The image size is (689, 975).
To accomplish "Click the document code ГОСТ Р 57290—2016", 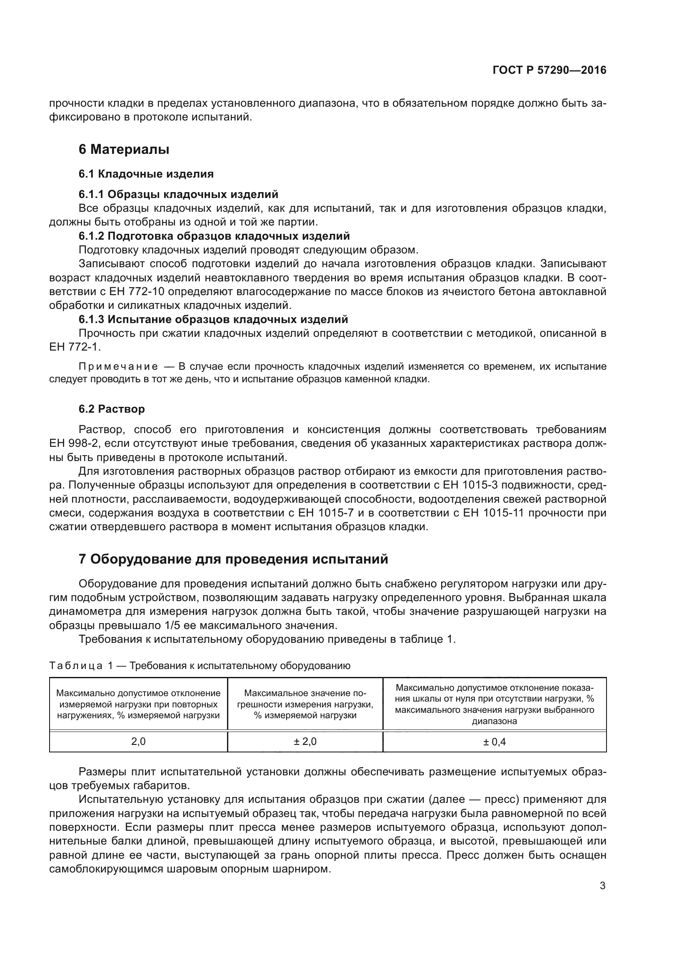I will click(x=549, y=70).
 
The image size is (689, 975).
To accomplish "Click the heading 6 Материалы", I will click(x=124, y=150).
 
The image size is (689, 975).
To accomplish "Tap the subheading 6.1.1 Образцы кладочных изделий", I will click(x=178, y=194).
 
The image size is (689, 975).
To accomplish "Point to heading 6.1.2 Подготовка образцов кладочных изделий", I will click(x=214, y=236).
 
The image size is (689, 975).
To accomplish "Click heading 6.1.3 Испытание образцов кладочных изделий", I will click(x=213, y=319).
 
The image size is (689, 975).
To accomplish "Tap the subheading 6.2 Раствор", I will click(x=112, y=409).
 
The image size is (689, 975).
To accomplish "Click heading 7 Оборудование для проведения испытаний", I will click(x=233, y=559).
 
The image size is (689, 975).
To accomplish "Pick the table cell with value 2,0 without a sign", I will click(x=138, y=742).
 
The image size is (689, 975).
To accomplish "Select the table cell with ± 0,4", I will click(x=494, y=742).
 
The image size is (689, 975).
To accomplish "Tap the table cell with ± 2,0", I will click(x=305, y=742).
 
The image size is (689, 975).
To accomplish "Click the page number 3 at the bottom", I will click(x=602, y=886).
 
